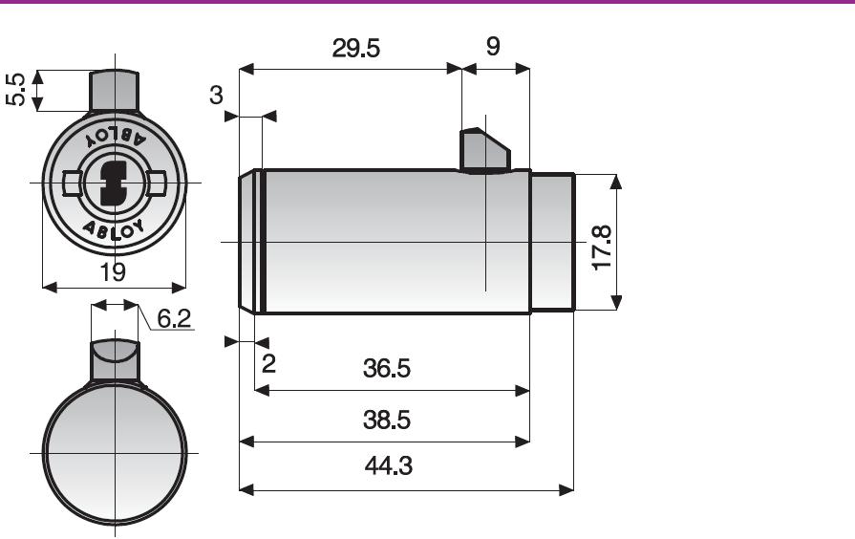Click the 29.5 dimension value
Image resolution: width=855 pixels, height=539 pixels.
[355, 49]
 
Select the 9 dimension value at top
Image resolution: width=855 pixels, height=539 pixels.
[492, 47]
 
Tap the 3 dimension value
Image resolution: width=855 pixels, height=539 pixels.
[216, 95]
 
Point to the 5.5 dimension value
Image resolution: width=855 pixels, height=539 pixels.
[16, 90]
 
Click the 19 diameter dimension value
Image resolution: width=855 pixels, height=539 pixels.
[113, 271]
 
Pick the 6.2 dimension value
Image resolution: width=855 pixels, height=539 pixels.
[174, 318]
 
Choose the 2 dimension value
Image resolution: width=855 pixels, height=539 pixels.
[268, 363]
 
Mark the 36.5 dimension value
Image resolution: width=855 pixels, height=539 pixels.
[387, 368]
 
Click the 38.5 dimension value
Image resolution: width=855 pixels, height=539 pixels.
[387, 420]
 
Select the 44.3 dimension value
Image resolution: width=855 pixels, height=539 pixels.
[388, 466]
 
